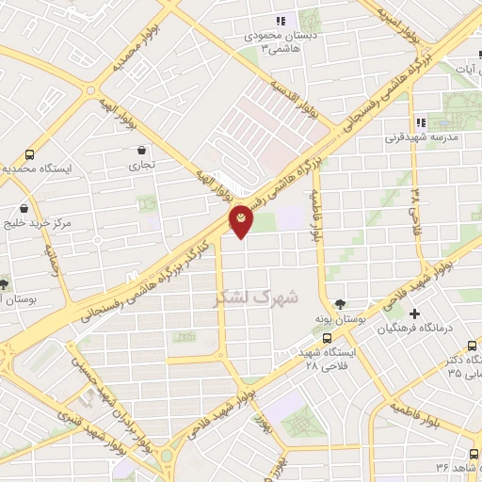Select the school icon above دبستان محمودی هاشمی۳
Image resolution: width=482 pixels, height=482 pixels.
point(280,21)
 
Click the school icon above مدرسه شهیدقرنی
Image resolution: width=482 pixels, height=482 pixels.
point(421,121)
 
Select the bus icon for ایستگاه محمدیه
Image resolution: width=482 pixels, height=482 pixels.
point(30,154)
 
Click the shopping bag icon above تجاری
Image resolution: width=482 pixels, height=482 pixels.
point(142,150)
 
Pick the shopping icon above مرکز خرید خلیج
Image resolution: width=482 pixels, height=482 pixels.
point(24,208)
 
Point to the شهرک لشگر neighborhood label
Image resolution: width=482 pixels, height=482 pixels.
point(257,297)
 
